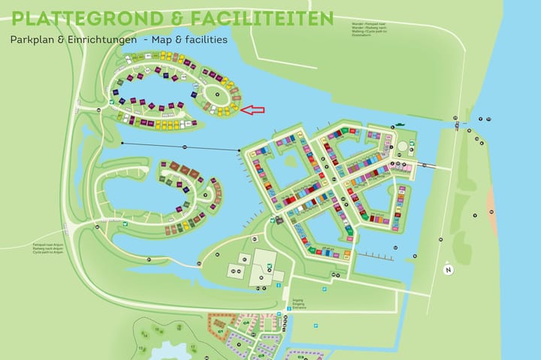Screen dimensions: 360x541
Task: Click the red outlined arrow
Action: [x=253, y=110]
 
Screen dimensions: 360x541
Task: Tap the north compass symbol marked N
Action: [x=449, y=270]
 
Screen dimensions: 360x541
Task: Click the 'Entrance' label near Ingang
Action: [x=298, y=308]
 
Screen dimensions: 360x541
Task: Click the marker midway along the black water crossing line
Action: [x=185, y=146]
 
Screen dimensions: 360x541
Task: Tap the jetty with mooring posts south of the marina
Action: [x=376, y=256]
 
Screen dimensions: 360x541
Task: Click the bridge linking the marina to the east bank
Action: [x=428, y=165]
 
